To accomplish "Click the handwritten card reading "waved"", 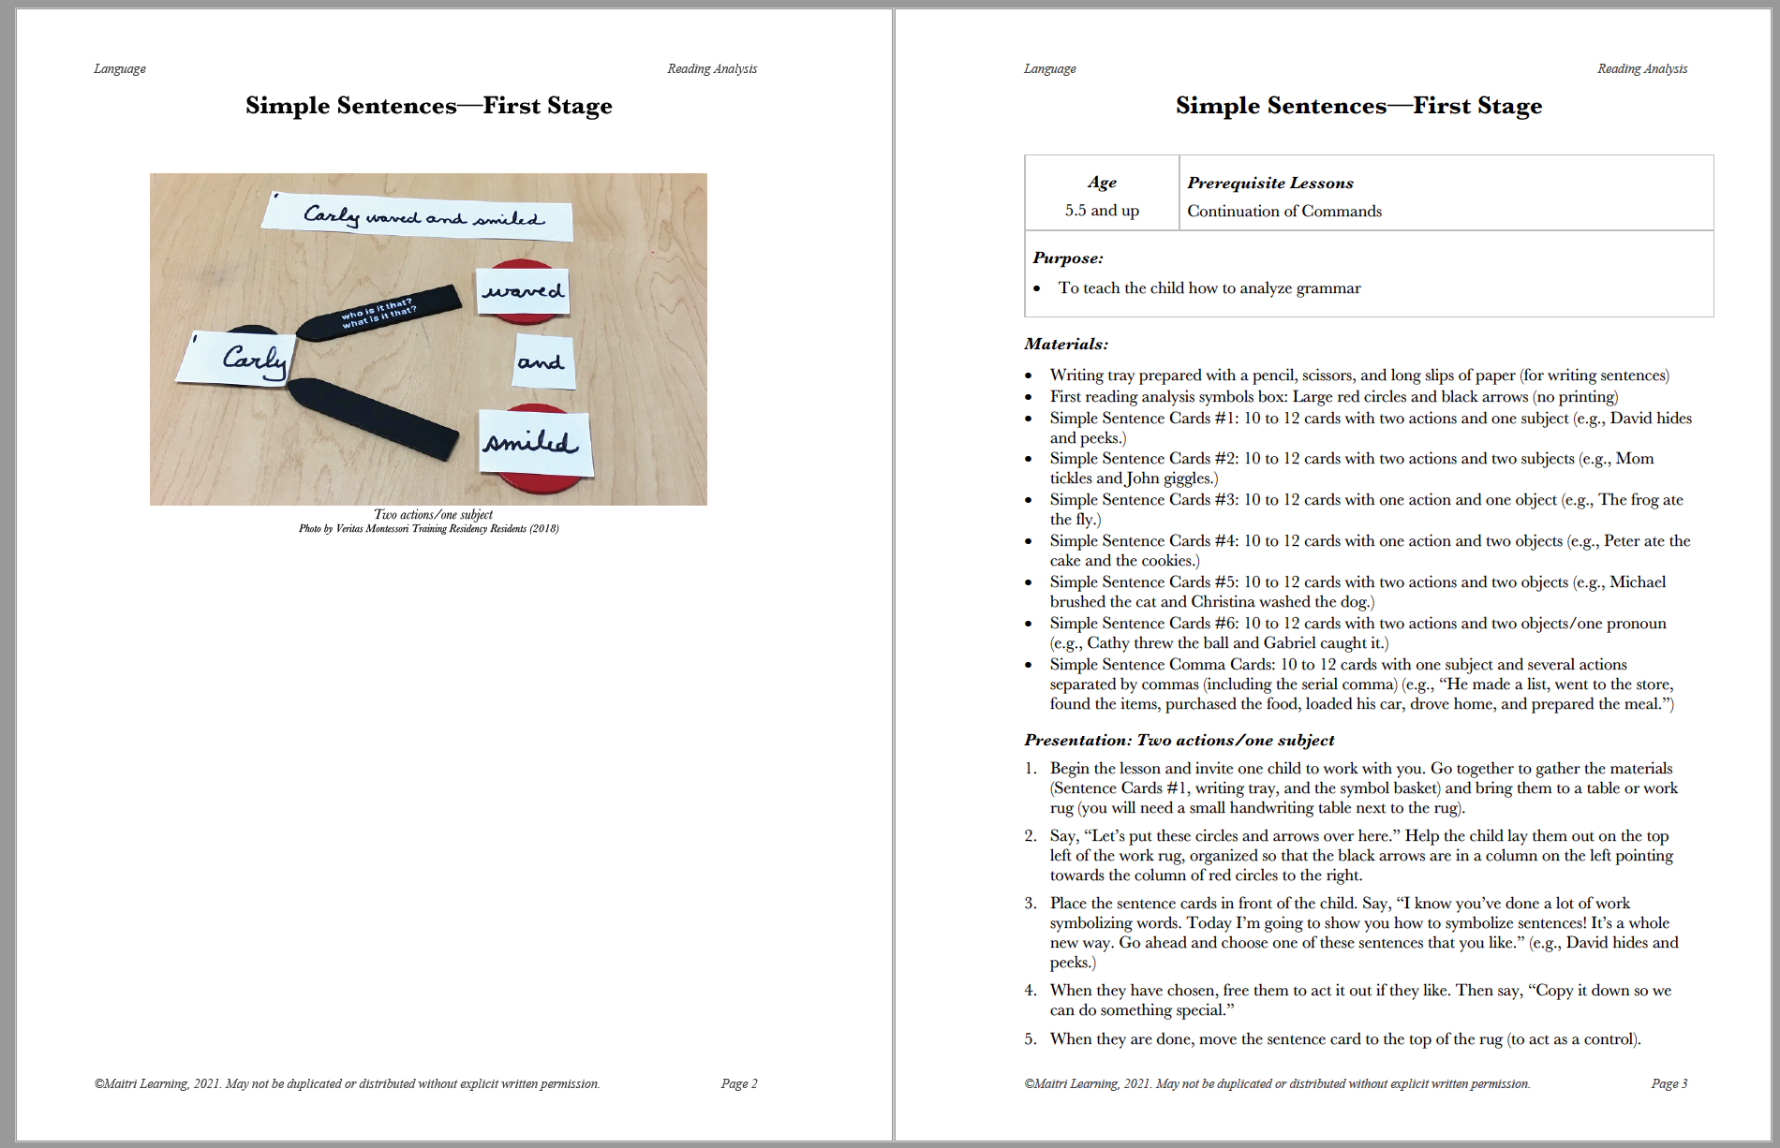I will [523, 291].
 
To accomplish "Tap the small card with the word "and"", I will [541, 362].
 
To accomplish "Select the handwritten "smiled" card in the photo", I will [533, 442].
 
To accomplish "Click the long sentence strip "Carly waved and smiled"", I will [418, 216].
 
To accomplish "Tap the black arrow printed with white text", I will [378, 312].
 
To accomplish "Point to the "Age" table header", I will [1102, 183].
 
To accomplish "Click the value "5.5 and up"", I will [1102, 211].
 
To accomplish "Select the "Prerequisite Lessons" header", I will [1269, 183].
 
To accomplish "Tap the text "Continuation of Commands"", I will [1283, 211].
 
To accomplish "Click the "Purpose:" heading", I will [1067, 258].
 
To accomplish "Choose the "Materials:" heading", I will [1065, 344].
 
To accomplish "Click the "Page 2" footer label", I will [738, 1083].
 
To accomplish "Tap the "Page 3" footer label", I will [1669, 1083].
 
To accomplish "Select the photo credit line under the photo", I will [428, 529].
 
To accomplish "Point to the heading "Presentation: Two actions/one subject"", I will [1179, 740].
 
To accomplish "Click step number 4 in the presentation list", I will [1031, 990].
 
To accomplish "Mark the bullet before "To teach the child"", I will [1036, 288].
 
